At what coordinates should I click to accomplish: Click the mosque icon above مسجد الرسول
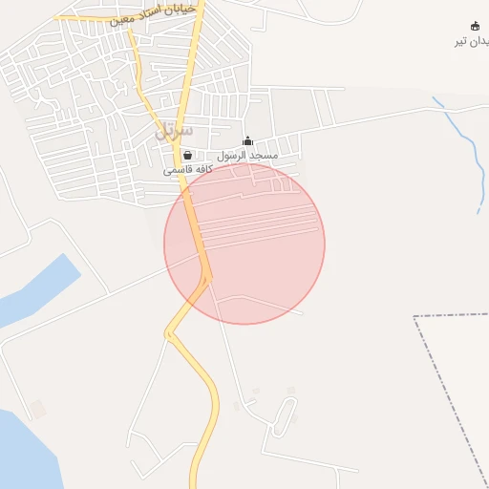(x=248, y=141)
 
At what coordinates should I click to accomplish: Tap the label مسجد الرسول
(x=247, y=155)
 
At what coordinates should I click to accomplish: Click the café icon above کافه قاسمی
(x=187, y=155)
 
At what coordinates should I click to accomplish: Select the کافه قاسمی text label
(x=187, y=169)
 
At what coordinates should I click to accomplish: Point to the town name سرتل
(x=174, y=130)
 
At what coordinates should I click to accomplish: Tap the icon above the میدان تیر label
(x=476, y=26)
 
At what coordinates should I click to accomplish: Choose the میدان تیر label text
(x=472, y=41)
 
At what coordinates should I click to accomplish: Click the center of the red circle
(x=244, y=244)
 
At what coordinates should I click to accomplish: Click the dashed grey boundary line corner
(x=416, y=316)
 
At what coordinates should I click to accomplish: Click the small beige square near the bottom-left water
(x=37, y=409)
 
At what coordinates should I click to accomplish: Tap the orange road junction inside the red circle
(x=207, y=277)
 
